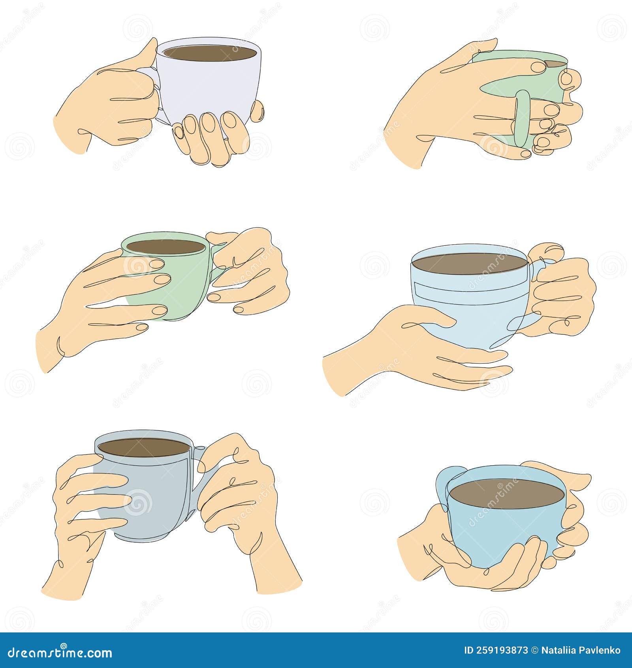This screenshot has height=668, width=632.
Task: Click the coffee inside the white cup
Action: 209,54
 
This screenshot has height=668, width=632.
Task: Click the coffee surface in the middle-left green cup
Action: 165,246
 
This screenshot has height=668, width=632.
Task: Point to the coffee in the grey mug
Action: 144,448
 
